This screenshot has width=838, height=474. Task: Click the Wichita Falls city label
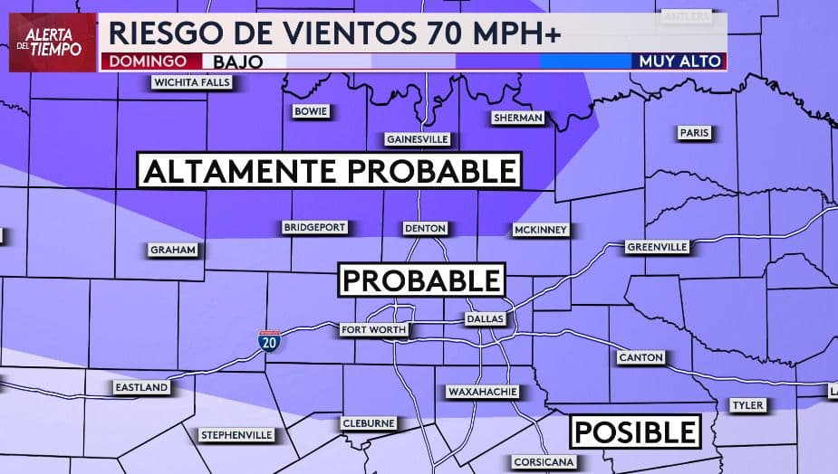pos(192,83)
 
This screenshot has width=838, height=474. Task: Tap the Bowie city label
pos(312,111)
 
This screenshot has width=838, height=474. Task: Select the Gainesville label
pos(418,139)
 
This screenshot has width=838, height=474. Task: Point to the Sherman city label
pos(518,118)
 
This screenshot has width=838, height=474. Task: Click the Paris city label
pos(694,133)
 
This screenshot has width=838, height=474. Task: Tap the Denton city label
pos(425,228)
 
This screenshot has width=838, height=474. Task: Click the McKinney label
pos(540,230)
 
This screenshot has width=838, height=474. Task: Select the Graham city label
pos(173,250)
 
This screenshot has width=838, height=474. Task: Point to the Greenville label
pos(658,247)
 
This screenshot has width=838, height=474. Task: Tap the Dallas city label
pos(485,319)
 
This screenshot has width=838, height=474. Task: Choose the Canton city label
pos(641,357)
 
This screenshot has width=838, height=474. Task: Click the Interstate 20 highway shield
pos(269,341)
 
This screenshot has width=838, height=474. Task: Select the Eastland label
pos(141,387)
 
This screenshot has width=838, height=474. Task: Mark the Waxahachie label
pos(482,392)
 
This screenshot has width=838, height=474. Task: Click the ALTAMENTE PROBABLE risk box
pos(330,170)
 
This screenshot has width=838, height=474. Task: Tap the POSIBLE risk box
pos(637,431)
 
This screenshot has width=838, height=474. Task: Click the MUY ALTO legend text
pos(679,62)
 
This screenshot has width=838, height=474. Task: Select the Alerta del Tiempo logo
pos(53,42)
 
